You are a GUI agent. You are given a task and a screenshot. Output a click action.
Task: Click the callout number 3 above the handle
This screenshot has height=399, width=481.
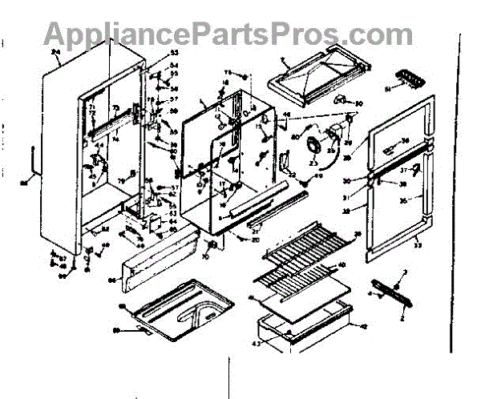pos(406,274)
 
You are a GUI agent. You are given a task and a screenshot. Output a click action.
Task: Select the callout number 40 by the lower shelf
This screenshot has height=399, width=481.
pos(342,264)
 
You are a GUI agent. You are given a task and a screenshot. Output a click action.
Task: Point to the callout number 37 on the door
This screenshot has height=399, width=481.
pos(406,170)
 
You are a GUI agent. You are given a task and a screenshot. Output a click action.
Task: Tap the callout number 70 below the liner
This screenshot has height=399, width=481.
pos(204,259)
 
